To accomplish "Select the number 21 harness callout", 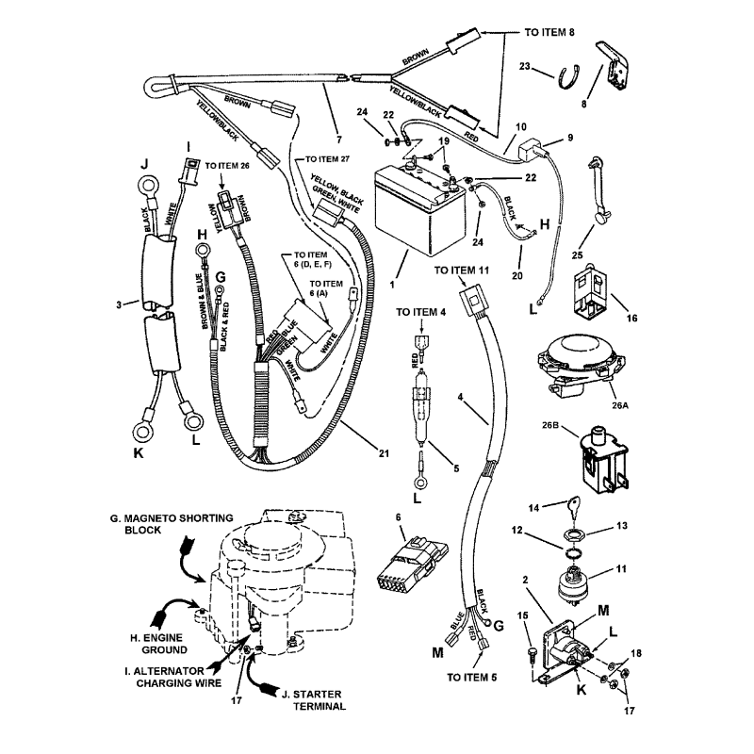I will [x=383, y=454].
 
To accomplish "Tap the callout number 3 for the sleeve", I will [x=119, y=303].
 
